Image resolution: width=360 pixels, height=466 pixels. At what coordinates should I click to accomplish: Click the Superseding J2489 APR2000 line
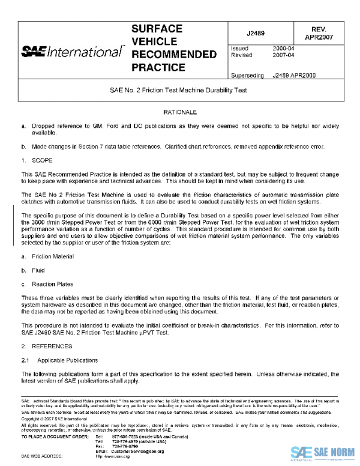pos(273,76)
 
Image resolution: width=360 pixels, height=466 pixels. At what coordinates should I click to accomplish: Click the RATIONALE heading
pos(180,112)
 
